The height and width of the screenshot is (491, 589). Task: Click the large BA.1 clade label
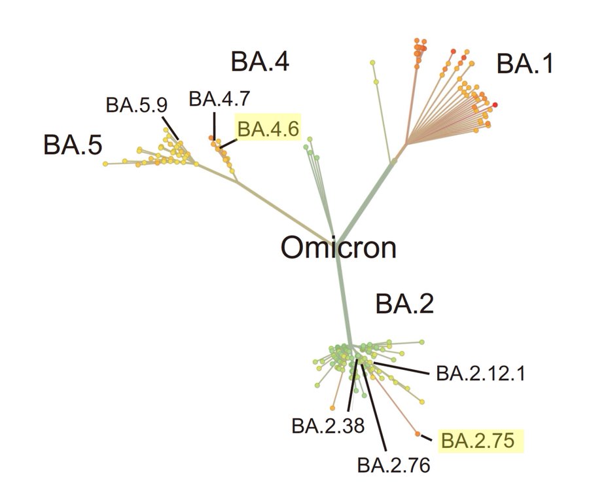[524, 64]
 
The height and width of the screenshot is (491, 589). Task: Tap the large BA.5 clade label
[73, 145]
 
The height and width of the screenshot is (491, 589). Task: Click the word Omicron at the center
[339, 248]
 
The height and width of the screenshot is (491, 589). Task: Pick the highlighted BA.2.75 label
[482, 441]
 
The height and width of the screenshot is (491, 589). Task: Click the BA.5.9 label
[137, 105]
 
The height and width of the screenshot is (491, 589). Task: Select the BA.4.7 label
[219, 100]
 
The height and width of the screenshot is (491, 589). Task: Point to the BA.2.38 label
[327, 426]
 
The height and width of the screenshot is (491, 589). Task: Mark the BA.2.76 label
[394, 466]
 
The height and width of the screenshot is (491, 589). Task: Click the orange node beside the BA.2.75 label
[418, 433]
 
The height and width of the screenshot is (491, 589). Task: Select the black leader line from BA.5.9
[168, 127]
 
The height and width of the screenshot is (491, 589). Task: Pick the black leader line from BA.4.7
[213, 124]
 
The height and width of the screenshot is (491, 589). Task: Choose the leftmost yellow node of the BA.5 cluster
[105, 162]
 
